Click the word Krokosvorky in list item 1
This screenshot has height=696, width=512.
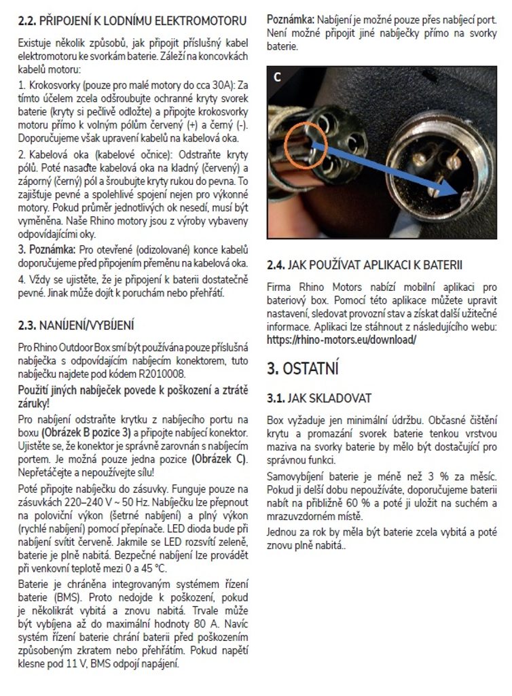click(52, 84)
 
